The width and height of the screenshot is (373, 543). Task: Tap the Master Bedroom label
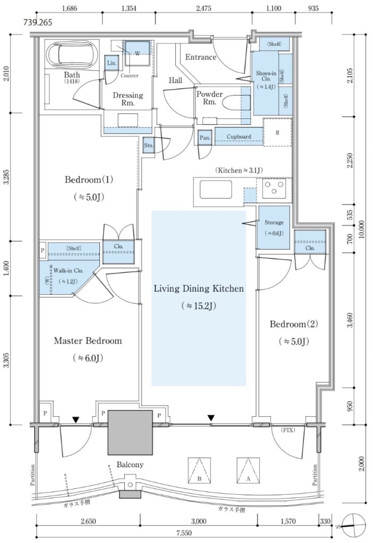(x=88, y=340)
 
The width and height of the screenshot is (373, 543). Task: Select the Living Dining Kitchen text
(x=199, y=289)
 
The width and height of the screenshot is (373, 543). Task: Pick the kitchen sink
(x=215, y=189)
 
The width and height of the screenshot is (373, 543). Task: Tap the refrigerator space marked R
(x=277, y=132)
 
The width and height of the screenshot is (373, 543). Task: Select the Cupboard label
(x=239, y=136)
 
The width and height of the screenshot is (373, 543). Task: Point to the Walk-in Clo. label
(x=63, y=271)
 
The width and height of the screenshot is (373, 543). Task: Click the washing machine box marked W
(x=137, y=52)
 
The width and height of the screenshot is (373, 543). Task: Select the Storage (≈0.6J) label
(x=274, y=227)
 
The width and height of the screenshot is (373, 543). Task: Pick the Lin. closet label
(x=112, y=63)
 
